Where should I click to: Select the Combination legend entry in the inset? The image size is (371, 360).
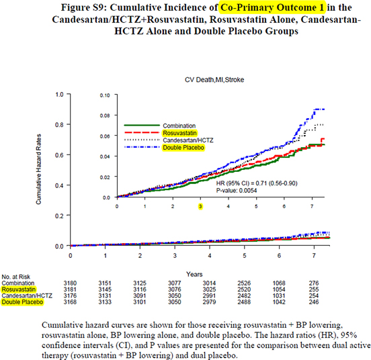pyautogui.click(x=181, y=126)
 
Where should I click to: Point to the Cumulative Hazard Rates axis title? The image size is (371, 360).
pyautogui.click(x=41, y=171)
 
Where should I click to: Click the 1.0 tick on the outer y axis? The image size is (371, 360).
pyautogui.click(x=58, y=94)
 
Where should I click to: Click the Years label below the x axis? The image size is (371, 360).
pyautogui.click(x=195, y=265)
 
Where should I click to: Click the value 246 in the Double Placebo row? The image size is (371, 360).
pyautogui.click(x=314, y=303)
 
